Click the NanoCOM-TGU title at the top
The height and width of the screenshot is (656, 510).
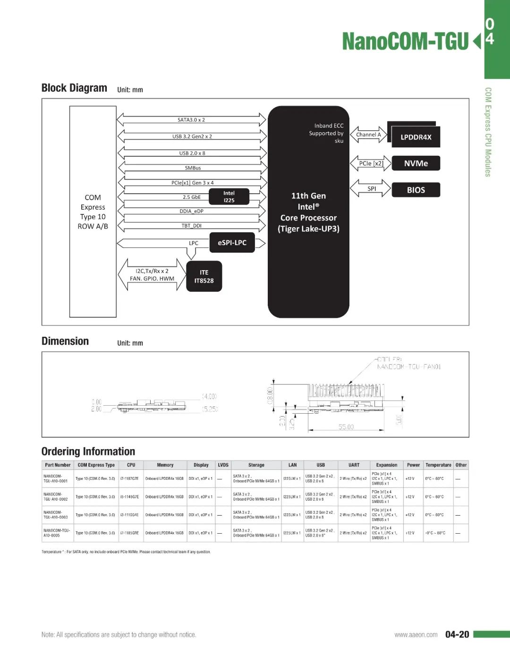pyautogui.click(x=405, y=42)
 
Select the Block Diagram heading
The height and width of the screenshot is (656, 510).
pyautogui.click(x=74, y=88)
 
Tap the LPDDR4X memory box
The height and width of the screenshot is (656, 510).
pyautogui.click(x=416, y=137)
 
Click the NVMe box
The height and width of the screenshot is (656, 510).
pyautogui.click(x=416, y=163)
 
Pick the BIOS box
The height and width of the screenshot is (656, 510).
pyautogui.click(x=416, y=190)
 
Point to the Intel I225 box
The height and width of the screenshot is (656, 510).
pyautogui.click(x=229, y=197)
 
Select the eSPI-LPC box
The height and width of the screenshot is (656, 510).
pyautogui.click(x=232, y=243)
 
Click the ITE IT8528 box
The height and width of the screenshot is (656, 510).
pyautogui.click(x=204, y=276)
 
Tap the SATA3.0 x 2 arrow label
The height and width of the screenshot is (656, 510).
pyautogui.click(x=191, y=120)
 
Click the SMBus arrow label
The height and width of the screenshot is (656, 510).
pyautogui.click(x=193, y=168)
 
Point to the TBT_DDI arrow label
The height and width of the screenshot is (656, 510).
pyautogui.click(x=191, y=226)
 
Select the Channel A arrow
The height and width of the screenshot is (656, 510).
pyautogui.click(x=368, y=135)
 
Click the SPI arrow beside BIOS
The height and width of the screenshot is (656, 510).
pyautogui.click(x=372, y=189)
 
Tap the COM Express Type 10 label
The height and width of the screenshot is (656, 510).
pyautogui.click(x=93, y=212)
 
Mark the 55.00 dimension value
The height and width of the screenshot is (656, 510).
pyautogui.click(x=346, y=427)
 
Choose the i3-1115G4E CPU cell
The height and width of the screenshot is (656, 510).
pyautogui.click(x=129, y=515)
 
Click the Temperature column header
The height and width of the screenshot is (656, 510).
pyautogui.click(x=438, y=465)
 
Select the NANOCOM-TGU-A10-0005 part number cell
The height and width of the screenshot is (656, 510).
pyautogui.click(x=57, y=533)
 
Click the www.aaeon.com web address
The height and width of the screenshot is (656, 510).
pyautogui.click(x=416, y=635)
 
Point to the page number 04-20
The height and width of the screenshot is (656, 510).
pyautogui.click(x=457, y=634)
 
